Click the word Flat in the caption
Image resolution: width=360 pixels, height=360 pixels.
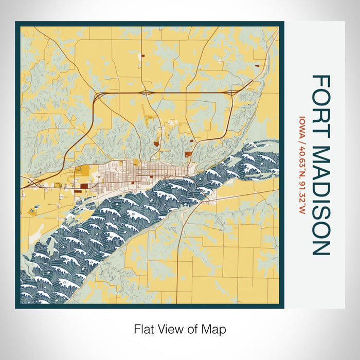pyautogui.click(x=144, y=329)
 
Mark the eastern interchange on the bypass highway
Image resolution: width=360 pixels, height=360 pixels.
pyautogui.click(x=232, y=92)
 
